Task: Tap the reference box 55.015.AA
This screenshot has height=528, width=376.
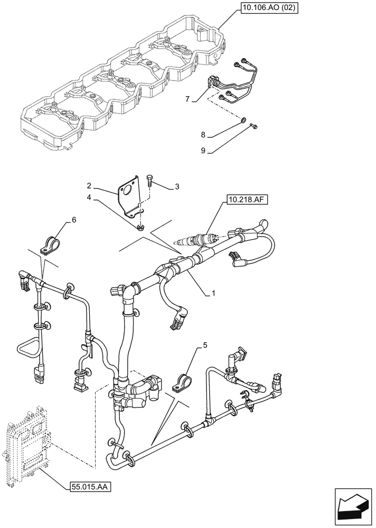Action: point(91,486)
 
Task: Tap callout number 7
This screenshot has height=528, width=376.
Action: point(186,99)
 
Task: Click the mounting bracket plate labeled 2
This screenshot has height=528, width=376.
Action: point(129,195)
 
